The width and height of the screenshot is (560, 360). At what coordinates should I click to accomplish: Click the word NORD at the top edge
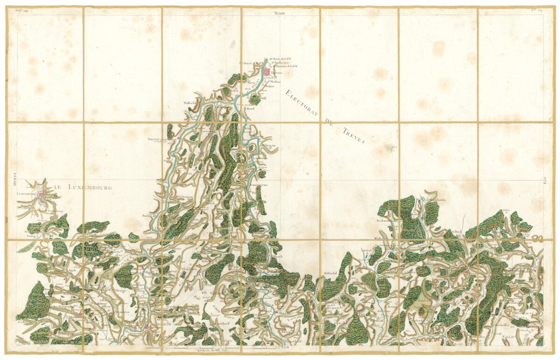pos(280,14)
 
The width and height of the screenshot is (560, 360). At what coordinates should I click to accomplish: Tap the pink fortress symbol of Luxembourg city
pos(42,197)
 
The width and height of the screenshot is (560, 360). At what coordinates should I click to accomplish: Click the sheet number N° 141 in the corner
pos(21,9)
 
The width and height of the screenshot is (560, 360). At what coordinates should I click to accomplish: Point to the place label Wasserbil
pos(191,102)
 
